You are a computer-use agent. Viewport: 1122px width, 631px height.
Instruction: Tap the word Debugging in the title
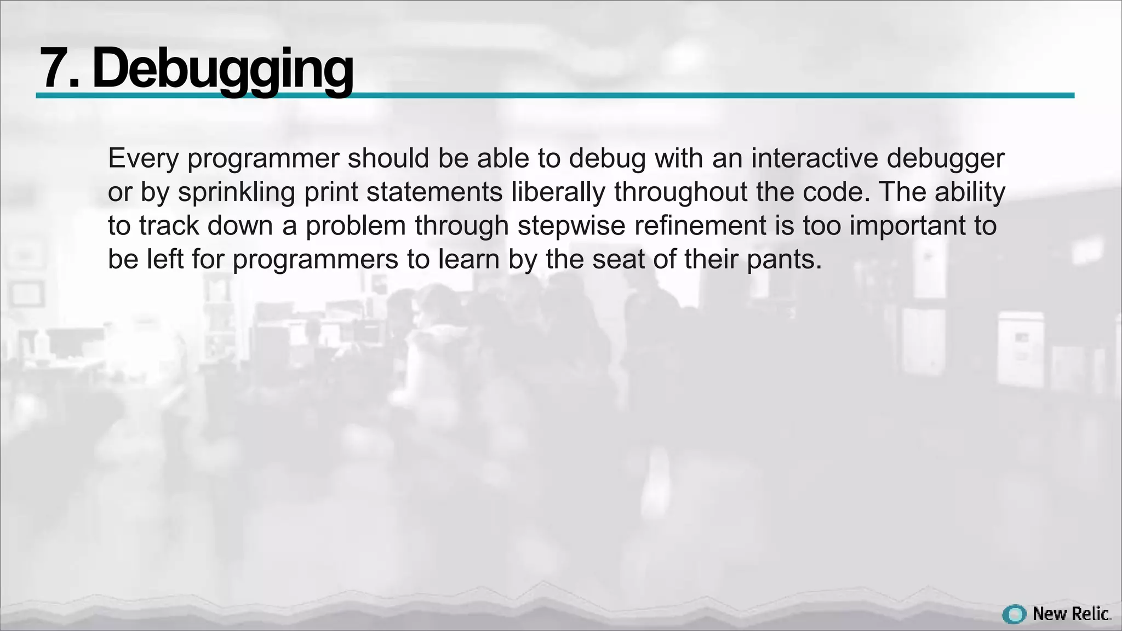222,70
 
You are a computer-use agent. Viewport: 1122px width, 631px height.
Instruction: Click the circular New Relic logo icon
1014,614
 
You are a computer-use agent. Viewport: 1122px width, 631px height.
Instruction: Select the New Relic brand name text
1071,614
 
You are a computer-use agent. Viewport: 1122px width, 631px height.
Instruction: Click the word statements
434,192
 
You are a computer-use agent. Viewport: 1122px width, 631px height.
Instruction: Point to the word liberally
558,192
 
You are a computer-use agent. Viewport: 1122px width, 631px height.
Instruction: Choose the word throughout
681,192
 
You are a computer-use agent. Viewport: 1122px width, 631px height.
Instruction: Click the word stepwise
571,226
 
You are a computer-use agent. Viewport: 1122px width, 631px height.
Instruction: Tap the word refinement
700,226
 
